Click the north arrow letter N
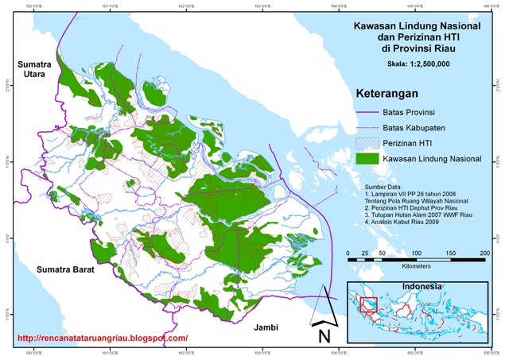point(324,335)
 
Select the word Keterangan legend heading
point(387,95)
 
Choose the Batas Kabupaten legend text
point(419,128)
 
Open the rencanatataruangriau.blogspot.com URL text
point(102,339)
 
